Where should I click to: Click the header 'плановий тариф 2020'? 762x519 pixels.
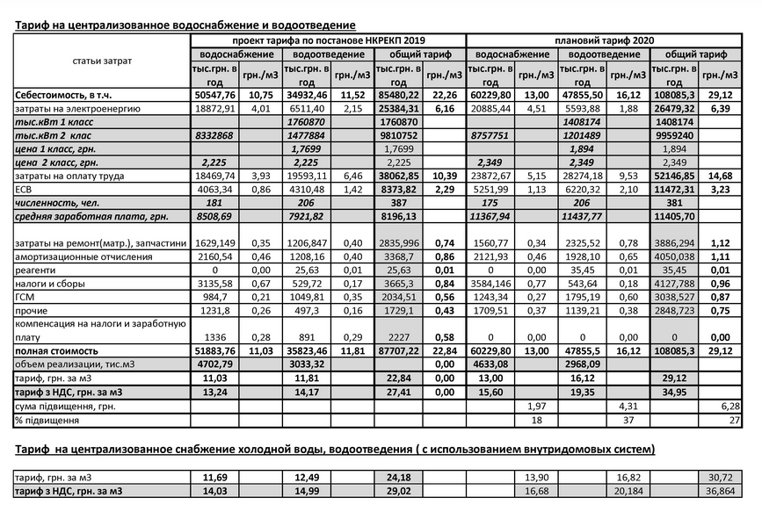click(x=605, y=40)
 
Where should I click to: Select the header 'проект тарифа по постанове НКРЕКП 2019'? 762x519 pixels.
click(x=328, y=40)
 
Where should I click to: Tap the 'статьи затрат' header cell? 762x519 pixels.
click(x=102, y=61)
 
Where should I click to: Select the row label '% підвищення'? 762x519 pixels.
click(x=45, y=421)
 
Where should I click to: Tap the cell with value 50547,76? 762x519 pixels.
click(x=214, y=94)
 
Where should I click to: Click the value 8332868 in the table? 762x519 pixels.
click(x=214, y=136)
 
